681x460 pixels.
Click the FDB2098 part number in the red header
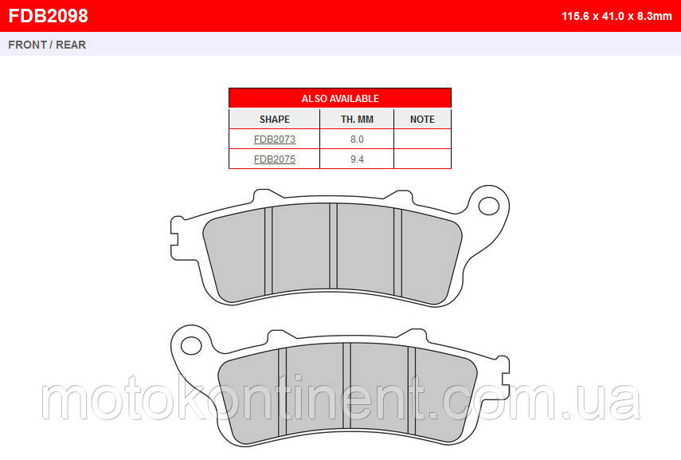(x=49, y=16)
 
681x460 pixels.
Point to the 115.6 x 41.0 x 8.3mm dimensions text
(x=616, y=16)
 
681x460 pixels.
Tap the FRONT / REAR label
(x=47, y=45)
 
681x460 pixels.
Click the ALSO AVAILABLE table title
(x=340, y=99)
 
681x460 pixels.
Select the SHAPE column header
(x=275, y=119)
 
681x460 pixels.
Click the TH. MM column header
(x=357, y=119)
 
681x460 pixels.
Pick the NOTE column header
(x=422, y=119)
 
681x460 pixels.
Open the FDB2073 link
(x=275, y=140)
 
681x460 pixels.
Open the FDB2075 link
(x=275, y=159)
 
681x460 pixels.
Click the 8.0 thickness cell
(x=357, y=140)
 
